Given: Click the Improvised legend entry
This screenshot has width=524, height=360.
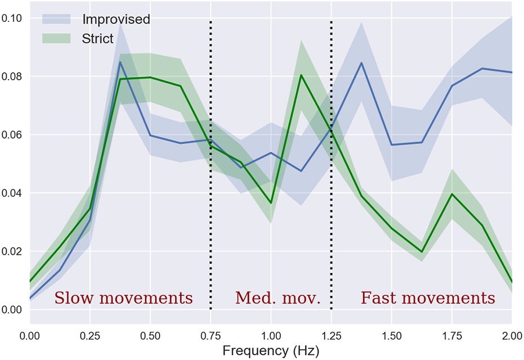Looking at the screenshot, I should point(116,19).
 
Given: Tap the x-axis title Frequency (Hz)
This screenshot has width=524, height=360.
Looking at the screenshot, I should point(270,351).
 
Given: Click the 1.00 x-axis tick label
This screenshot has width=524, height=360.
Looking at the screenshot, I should point(271,336).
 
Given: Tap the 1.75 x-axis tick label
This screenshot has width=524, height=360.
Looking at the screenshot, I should point(451,336).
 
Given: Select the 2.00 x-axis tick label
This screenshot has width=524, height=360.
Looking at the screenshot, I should point(511,336).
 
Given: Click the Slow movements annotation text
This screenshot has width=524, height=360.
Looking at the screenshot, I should point(123,298).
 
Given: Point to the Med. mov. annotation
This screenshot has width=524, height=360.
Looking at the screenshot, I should point(277,298).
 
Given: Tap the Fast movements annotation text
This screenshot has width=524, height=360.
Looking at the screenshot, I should point(428,298).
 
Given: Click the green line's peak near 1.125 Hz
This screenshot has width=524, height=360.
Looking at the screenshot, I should point(301,75).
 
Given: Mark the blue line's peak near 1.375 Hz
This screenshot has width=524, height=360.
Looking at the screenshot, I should point(361,62).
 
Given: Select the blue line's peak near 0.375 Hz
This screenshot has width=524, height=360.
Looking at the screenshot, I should point(120,62).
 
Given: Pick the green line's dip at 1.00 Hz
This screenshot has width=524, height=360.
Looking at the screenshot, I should point(271,202).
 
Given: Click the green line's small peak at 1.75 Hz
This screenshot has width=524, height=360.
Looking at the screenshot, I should point(451,194).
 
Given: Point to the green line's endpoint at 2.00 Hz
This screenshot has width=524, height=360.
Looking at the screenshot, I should point(512,282).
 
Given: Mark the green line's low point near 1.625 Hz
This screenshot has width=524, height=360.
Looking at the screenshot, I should point(422,252).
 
